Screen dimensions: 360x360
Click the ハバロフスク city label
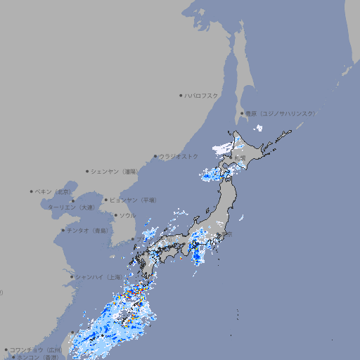click(201, 95)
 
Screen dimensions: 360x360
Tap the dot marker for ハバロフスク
click(181, 95)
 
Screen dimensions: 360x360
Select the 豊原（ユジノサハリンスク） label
click(280, 113)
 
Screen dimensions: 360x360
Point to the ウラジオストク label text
click(179, 156)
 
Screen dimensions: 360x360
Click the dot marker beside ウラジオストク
click(155, 156)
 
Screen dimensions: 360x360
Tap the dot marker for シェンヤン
click(88, 171)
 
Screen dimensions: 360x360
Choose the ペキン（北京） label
click(53, 191)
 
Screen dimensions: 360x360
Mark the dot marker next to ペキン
click(32, 191)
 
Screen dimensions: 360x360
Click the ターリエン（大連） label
click(70, 207)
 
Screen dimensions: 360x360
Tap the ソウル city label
click(127, 215)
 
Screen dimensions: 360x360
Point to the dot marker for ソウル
click(115, 215)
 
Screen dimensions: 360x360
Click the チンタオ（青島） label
click(87, 230)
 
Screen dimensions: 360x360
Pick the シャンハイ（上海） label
click(97, 277)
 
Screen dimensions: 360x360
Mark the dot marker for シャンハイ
click(72, 276)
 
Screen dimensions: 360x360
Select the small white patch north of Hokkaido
click(259, 128)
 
